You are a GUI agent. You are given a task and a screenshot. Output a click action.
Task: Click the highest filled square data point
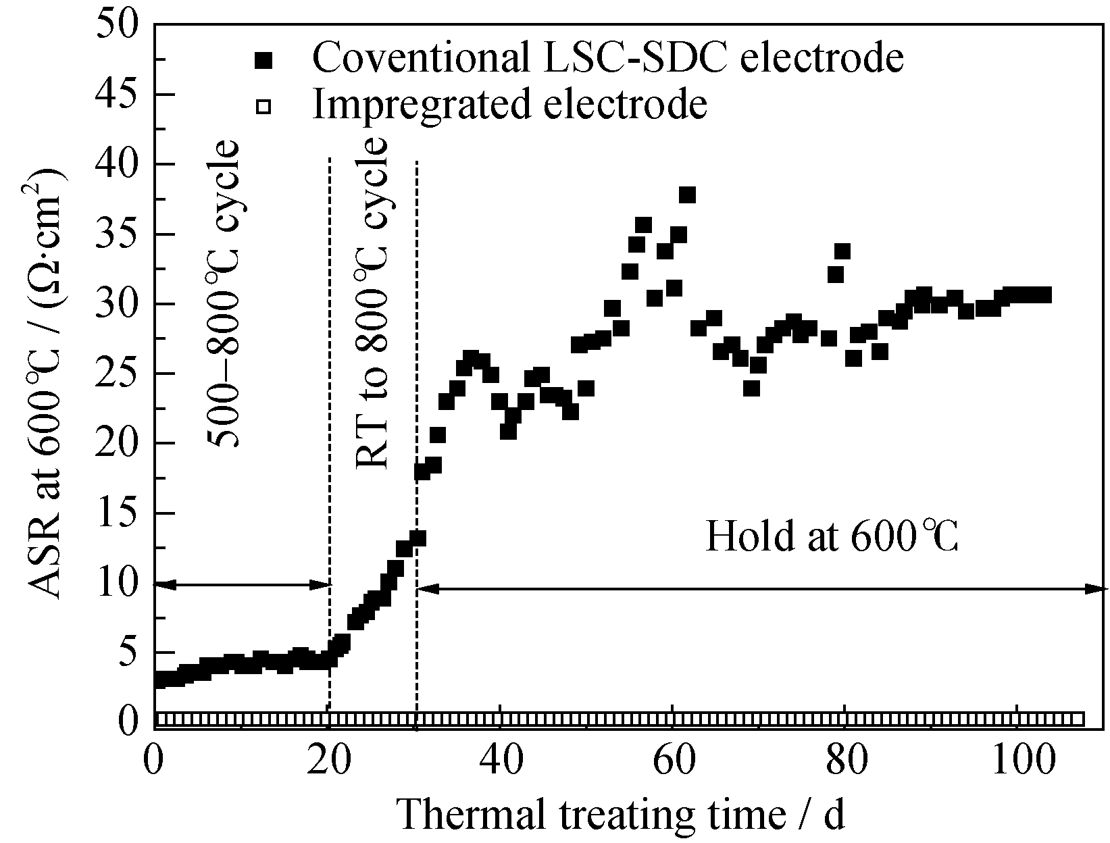pos(687,195)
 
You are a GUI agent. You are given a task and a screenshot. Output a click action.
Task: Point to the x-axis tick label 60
pos(672,761)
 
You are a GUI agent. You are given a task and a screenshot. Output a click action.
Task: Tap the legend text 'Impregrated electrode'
pos(509,104)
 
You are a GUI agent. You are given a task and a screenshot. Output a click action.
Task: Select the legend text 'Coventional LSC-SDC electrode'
pos(607,58)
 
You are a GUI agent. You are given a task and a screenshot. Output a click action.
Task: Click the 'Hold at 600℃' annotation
pos(832,537)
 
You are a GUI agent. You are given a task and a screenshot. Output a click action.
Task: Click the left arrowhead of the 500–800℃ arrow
pos(162,584)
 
